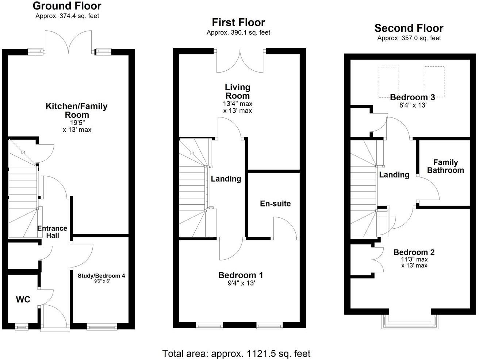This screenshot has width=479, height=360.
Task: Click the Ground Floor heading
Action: (67, 6)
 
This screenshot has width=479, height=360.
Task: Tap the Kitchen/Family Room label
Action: (76, 111)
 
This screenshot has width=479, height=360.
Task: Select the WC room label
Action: (23, 300)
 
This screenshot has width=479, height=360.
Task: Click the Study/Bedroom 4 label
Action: (101, 276)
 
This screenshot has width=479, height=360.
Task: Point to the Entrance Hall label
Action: (52, 232)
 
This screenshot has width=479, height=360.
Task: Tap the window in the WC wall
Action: (22, 327)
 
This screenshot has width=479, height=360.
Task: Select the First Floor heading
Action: (238, 23)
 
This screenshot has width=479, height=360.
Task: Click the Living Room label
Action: (238, 92)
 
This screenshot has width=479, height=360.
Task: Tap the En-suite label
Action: (275, 204)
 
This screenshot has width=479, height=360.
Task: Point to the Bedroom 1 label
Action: (240, 275)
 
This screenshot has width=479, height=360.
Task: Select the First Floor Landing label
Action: (226, 179)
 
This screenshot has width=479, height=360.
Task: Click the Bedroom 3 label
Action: (412, 97)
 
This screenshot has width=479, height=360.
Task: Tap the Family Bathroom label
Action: (445, 166)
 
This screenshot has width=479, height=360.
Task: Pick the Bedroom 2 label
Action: (414, 252)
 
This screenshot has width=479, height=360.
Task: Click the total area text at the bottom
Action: (236, 353)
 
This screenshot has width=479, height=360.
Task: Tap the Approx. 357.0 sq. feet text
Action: (409, 38)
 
